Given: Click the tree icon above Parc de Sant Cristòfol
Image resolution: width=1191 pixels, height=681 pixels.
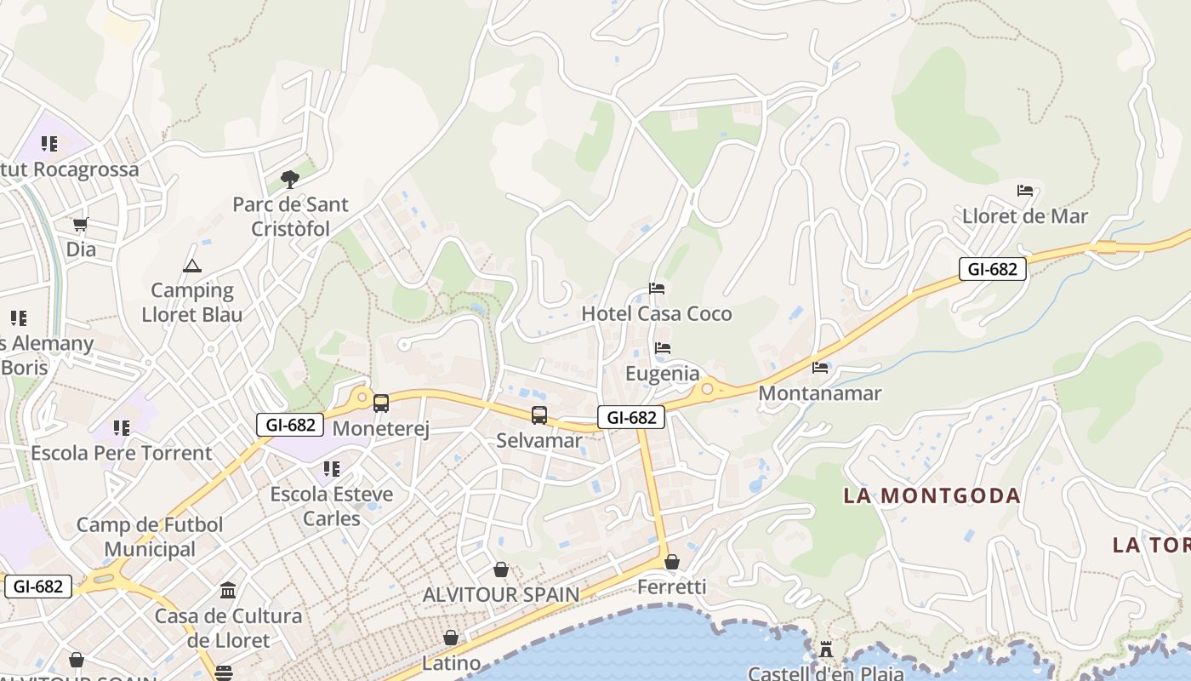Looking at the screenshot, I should pos(289,179).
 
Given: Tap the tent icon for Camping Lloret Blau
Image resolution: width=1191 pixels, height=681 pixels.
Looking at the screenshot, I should pos(192,266).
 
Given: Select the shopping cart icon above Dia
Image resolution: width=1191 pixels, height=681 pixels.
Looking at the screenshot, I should pos(81,225).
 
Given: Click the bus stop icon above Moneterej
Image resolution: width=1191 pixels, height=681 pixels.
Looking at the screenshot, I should pos(380,403).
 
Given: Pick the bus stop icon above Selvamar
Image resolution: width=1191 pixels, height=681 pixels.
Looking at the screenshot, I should pos(539,415).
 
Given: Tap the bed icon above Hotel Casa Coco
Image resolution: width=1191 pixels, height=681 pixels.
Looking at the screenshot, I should pos(657,289).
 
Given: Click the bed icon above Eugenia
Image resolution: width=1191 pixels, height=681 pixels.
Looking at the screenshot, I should pos(663,348).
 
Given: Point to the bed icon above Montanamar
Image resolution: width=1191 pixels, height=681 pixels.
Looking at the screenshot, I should pos(820,368).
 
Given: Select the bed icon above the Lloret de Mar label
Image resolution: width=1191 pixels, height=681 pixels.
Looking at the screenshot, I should pos(1025,191).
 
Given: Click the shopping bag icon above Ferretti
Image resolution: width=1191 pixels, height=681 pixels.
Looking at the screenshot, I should pos(672,562).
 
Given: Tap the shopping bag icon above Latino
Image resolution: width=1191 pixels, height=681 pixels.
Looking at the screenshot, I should pos(451,638).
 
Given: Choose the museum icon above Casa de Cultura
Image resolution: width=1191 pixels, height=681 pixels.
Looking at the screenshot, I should pos(228,590).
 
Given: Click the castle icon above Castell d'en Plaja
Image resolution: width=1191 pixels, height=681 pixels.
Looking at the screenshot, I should pos(825,650).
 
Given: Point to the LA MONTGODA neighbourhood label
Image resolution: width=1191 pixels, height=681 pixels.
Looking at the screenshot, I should pos(932,495).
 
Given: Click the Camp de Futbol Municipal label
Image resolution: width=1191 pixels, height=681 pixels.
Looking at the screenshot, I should pos(150,537).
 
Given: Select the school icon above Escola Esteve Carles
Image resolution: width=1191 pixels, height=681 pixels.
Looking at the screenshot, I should pos(332,468).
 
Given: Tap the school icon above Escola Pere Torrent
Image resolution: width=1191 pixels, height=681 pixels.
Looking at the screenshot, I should pos(122,427).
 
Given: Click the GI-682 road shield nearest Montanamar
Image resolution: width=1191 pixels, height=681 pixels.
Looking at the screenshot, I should pos(992,269).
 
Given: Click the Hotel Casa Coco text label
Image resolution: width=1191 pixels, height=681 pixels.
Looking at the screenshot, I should pos(656,314).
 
